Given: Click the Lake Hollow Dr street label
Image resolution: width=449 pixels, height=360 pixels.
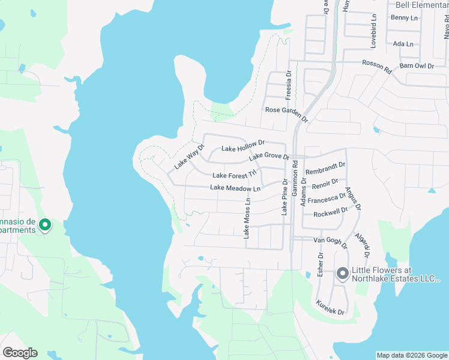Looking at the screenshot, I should [243, 146].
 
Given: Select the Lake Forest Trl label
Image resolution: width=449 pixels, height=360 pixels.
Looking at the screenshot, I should [234, 175].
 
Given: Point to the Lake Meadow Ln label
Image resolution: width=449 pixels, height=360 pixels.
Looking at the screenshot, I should [235, 188].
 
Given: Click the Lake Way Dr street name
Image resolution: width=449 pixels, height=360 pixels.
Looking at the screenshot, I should [190, 156].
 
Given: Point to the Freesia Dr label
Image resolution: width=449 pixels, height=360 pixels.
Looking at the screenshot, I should [289, 85].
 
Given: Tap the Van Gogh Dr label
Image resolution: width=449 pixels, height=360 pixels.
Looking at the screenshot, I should [331, 241].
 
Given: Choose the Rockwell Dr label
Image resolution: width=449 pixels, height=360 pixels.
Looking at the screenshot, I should [331, 212].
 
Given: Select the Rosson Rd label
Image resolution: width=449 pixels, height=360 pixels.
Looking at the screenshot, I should [376, 66].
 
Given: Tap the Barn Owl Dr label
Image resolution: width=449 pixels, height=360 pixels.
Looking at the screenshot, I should [417, 65].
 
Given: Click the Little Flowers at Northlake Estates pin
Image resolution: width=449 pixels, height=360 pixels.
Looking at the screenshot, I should [343, 274].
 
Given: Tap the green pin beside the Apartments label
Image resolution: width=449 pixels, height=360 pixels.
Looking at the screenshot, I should [44, 225].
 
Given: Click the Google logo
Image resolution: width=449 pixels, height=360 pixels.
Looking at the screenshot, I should [20, 353].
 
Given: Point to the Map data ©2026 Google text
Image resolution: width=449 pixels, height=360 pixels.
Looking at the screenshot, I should [412, 355].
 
